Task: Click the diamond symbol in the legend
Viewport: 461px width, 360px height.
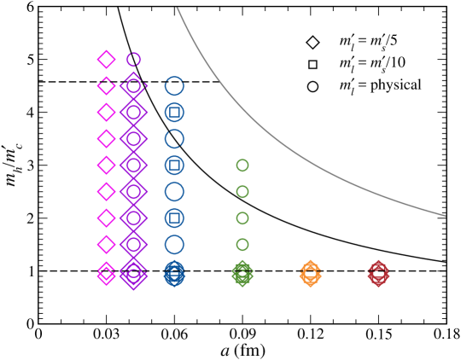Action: click(313, 42)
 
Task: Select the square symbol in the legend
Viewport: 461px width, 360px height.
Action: click(313, 64)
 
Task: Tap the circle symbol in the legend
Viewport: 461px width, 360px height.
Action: click(313, 86)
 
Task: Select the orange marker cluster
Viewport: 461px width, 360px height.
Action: click(311, 274)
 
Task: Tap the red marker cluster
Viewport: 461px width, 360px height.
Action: click(378, 274)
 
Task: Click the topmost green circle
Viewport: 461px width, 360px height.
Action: click(242, 165)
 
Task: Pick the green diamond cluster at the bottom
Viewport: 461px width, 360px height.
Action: click(242, 274)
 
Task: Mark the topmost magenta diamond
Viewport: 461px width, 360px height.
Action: click(106, 59)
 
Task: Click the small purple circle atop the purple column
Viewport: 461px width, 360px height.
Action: click(133, 59)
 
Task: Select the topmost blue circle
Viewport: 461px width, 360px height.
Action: click(174, 85)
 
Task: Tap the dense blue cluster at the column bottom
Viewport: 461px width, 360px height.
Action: click(174, 274)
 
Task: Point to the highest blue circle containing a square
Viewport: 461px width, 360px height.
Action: click(174, 112)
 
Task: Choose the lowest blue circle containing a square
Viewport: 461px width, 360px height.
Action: click(174, 218)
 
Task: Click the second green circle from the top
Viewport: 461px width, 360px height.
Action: click(242, 192)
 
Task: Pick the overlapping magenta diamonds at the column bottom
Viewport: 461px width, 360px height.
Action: click(106, 274)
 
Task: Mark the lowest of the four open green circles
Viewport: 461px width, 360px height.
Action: click(242, 245)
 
